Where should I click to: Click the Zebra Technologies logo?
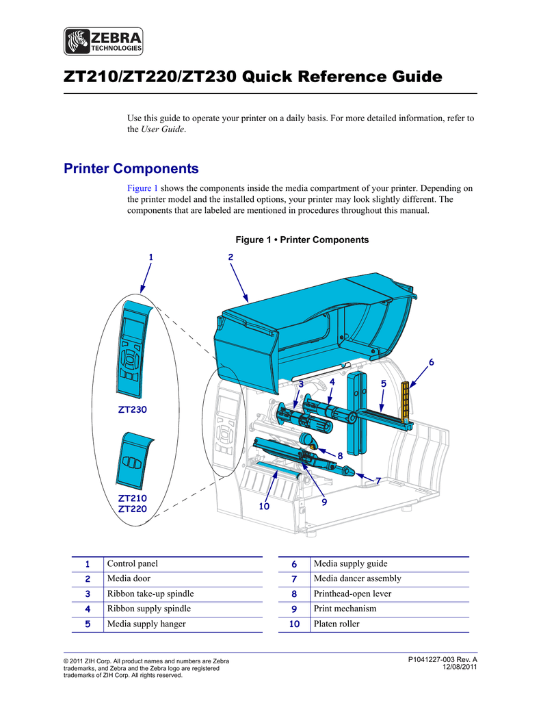point(104,41)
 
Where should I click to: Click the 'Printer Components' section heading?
point(131,168)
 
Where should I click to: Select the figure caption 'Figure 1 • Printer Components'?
point(302,240)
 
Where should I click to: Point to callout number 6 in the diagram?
point(432,361)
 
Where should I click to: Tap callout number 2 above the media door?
point(230,256)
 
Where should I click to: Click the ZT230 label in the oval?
point(133,409)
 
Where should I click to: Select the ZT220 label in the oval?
point(133,509)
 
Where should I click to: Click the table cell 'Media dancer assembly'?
point(357,578)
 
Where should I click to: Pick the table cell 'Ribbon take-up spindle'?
point(150,594)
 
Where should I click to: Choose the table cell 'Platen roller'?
point(337,624)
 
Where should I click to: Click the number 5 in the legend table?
point(88,624)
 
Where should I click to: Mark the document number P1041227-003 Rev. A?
point(442,659)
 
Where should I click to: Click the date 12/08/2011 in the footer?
point(460,667)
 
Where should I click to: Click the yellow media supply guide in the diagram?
point(406,401)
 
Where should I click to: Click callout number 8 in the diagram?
point(340,455)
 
